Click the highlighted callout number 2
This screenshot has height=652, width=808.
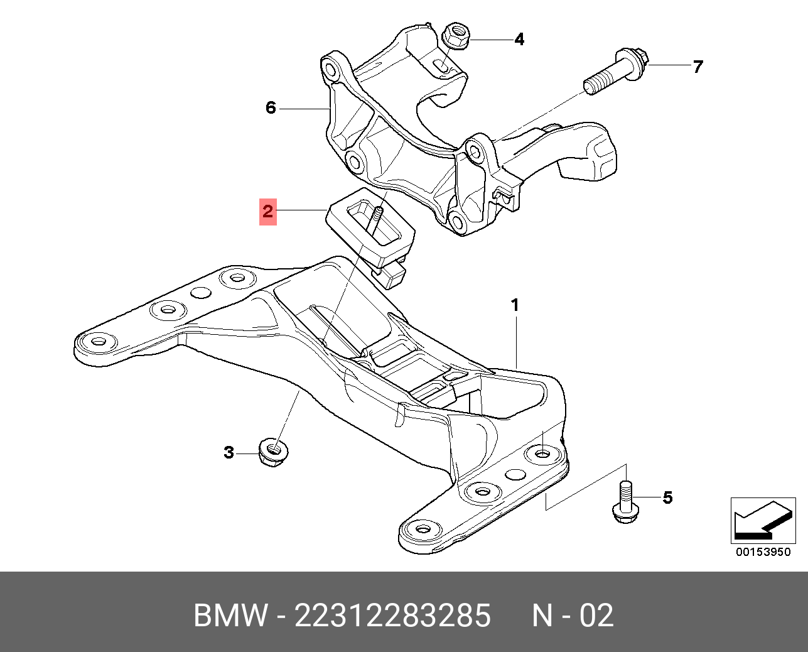pos(268,212)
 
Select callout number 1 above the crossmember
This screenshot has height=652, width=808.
pos(515,306)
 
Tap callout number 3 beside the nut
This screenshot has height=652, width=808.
pos(229,452)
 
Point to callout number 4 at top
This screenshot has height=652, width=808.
pos(519,40)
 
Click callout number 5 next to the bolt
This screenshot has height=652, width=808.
pos(667,497)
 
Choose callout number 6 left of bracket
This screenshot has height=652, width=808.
pos(271,108)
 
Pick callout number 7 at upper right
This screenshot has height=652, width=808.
pos(698,67)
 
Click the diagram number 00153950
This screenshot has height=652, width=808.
pos(763,552)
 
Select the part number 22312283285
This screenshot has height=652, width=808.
pos(392,616)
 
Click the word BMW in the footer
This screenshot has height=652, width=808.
pos(230,616)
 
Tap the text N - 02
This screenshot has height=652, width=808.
pos(573,616)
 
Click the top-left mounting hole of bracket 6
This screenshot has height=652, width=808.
pos(331,68)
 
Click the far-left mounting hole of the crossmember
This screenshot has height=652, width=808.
pos(99,342)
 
